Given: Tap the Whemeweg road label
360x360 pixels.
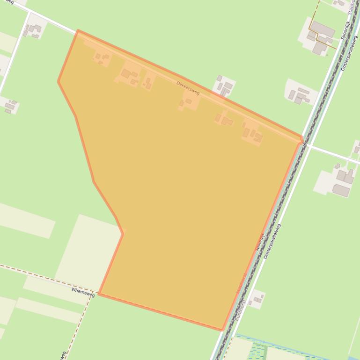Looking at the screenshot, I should pyautogui.click(x=83, y=293).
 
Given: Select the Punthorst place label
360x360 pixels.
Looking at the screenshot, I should pyautogui.click(x=240, y=309).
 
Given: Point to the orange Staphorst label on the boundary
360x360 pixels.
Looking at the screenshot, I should pyautogui.click(x=241, y=283).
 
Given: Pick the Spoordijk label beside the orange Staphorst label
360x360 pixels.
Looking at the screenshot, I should pyautogui.click(x=260, y=242).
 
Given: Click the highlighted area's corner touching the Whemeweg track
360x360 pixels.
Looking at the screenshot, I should pyautogui.click(x=99, y=294).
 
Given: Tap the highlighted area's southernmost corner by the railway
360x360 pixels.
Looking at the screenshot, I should pyautogui.click(x=222, y=330).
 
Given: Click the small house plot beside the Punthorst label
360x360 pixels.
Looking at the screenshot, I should pyautogui.click(x=256, y=299).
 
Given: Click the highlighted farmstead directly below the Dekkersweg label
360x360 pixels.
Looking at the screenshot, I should pyautogui.click(x=188, y=101).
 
